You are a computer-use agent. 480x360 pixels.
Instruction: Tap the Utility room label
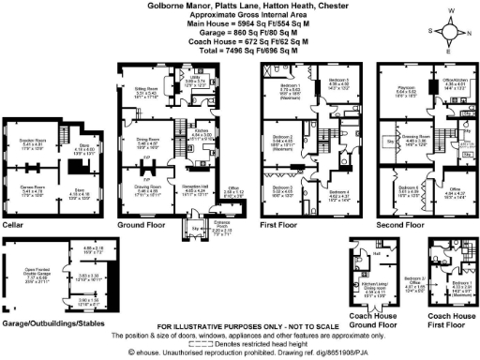click(195, 82)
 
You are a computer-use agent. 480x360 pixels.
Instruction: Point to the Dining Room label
click(144, 143)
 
